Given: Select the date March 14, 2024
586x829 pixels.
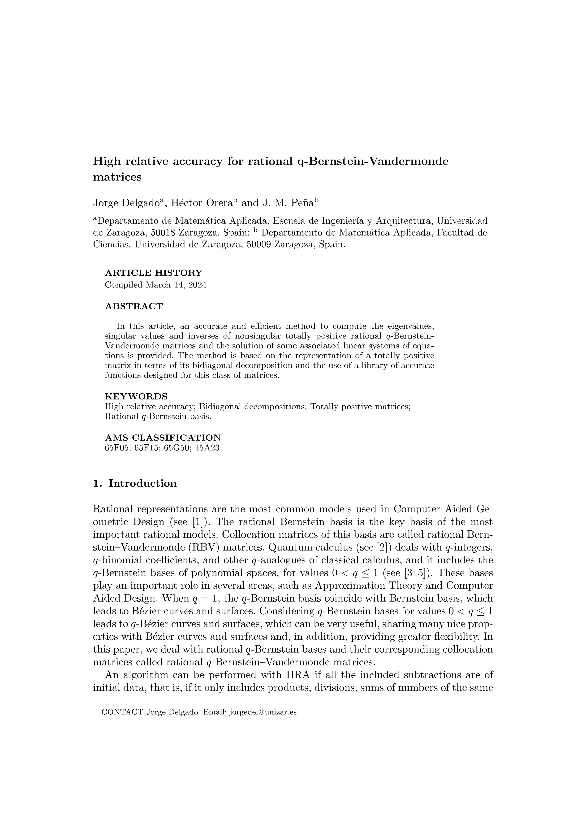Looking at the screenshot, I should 176,285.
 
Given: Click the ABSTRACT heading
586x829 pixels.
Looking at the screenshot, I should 134,307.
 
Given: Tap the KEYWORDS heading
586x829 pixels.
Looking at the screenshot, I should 136,396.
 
